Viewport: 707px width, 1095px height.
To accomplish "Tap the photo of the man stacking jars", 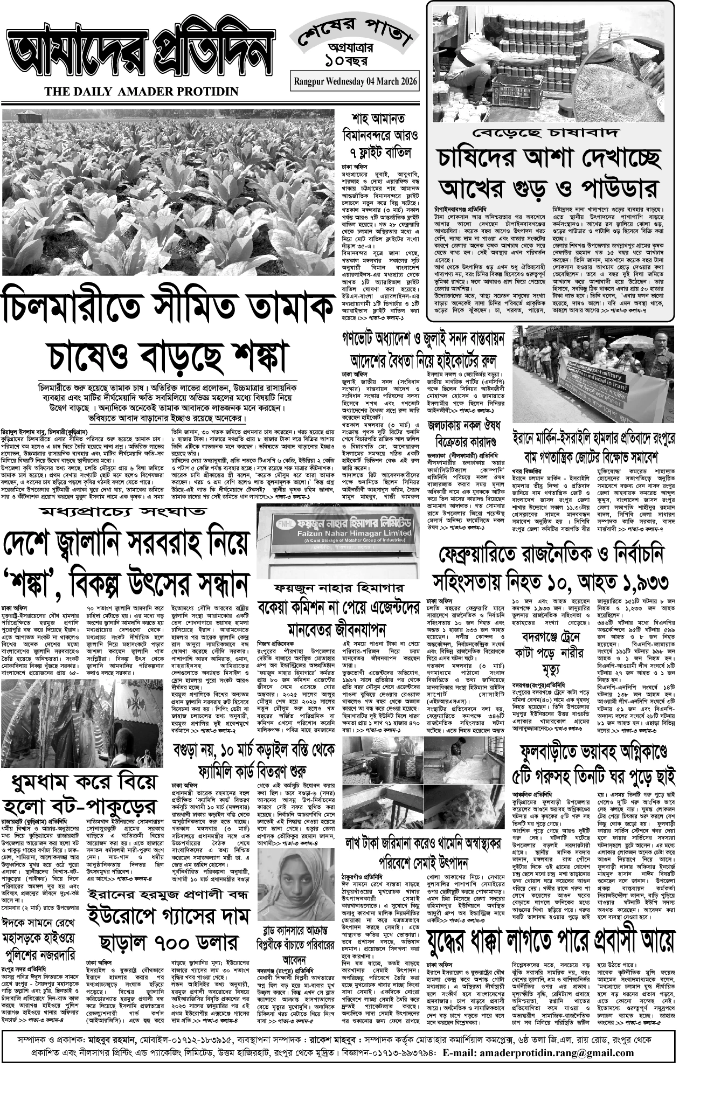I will pyautogui.click(x=549, y=62).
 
